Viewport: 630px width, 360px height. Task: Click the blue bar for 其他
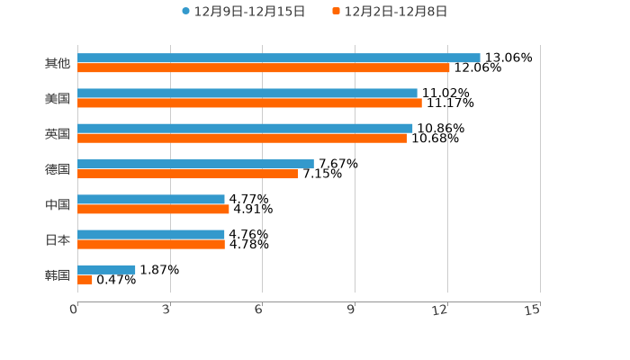click(279, 58)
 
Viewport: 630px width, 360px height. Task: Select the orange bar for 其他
click(264, 67)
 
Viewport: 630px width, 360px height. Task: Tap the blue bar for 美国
click(247, 93)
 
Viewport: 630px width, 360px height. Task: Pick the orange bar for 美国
click(249, 103)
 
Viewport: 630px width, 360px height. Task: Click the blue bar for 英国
click(245, 128)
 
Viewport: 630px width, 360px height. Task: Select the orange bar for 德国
click(188, 174)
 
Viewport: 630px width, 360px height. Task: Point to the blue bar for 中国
click(151, 199)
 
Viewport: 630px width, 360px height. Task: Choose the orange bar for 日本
click(151, 244)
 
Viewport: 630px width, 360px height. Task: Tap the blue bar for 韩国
click(106, 269)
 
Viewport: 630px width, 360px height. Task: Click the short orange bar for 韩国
click(85, 279)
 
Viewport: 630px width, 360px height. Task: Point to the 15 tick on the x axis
click(532, 310)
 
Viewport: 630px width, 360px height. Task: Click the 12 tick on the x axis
click(440, 310)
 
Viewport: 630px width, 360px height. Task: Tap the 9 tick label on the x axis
click(351, 310)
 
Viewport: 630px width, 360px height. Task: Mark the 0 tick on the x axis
click(74, 310)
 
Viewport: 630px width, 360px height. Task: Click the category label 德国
click(58, 169)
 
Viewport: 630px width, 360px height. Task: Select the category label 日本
click(58, 240)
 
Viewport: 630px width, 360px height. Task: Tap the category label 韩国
click(58, 274)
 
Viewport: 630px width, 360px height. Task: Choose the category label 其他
click(58, 63)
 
